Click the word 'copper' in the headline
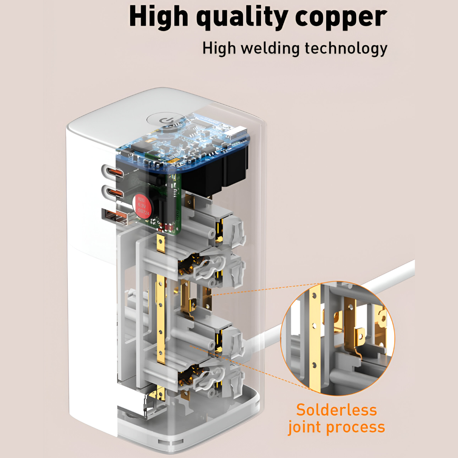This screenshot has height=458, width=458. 341,17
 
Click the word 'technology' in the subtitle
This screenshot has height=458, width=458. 346,48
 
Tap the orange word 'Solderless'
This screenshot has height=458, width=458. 336,410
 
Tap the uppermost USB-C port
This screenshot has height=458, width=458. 113,173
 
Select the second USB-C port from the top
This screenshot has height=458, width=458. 113,193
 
